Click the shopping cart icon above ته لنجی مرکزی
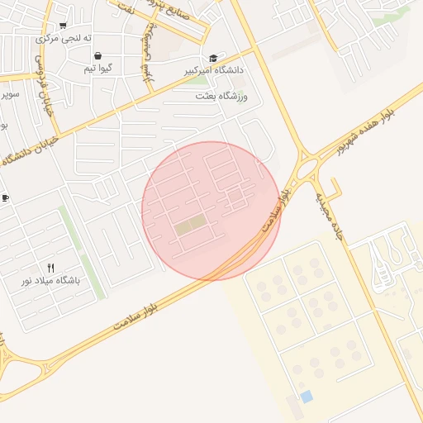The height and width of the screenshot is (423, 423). point(63,26)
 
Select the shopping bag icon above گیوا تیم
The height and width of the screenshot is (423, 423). point(98,55)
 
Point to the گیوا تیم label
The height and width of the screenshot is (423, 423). point(98,69)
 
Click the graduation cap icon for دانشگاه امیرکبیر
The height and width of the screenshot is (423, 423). point(214,58)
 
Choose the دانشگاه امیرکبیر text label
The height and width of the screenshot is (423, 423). point(216,71)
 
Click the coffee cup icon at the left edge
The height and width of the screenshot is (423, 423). point(5,198)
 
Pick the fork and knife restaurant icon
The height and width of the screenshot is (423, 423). point(51,268)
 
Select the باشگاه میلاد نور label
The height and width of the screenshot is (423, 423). point(51,281)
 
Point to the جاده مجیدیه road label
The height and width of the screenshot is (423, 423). point(328,216)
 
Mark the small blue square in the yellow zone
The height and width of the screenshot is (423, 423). point(307,397)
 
